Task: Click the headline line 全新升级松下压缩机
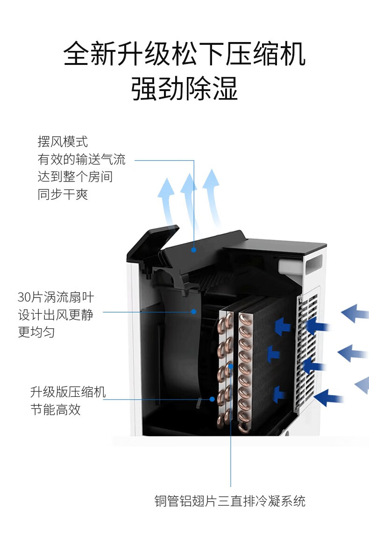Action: tap(184, 54)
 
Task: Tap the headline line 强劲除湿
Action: tap(184, 89)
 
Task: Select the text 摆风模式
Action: tap(63, 141)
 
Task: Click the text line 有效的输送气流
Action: tap(82, 159)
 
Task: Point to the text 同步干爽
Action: tap(63, 194)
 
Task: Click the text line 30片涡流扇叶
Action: tap(56, 297)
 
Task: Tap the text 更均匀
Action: tap(36, 332)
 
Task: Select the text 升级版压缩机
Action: tap(68, 392)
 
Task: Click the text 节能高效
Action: tap(56, 410)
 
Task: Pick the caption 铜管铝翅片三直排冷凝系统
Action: tap(230, 501)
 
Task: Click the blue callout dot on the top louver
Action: tap(194, 249)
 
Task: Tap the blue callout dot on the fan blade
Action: tap(194, 311)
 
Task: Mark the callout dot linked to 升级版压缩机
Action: tap(212, 399)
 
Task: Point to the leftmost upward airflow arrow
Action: tap(167, 201)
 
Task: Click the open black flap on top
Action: tap(153, 245)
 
